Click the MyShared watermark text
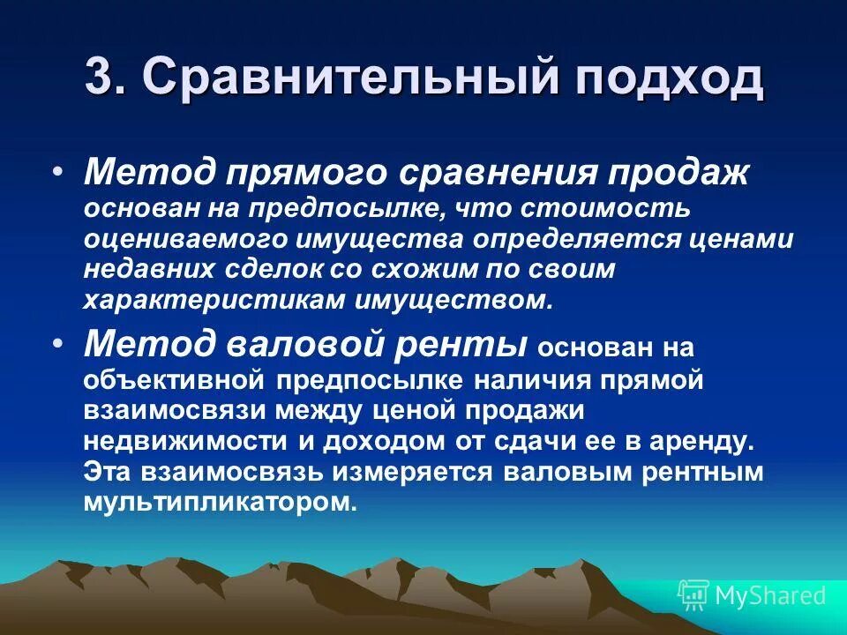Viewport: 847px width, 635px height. click(770, 595)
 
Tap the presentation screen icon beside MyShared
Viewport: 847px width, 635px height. click(693, 594)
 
